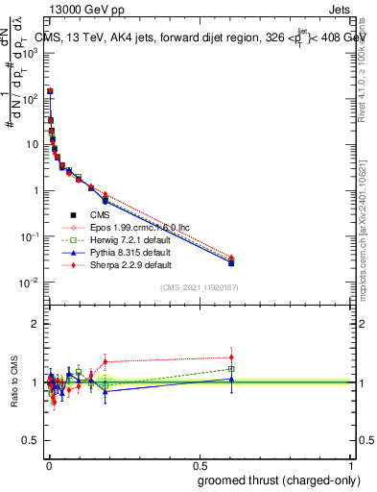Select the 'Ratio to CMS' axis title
(13, 382)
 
